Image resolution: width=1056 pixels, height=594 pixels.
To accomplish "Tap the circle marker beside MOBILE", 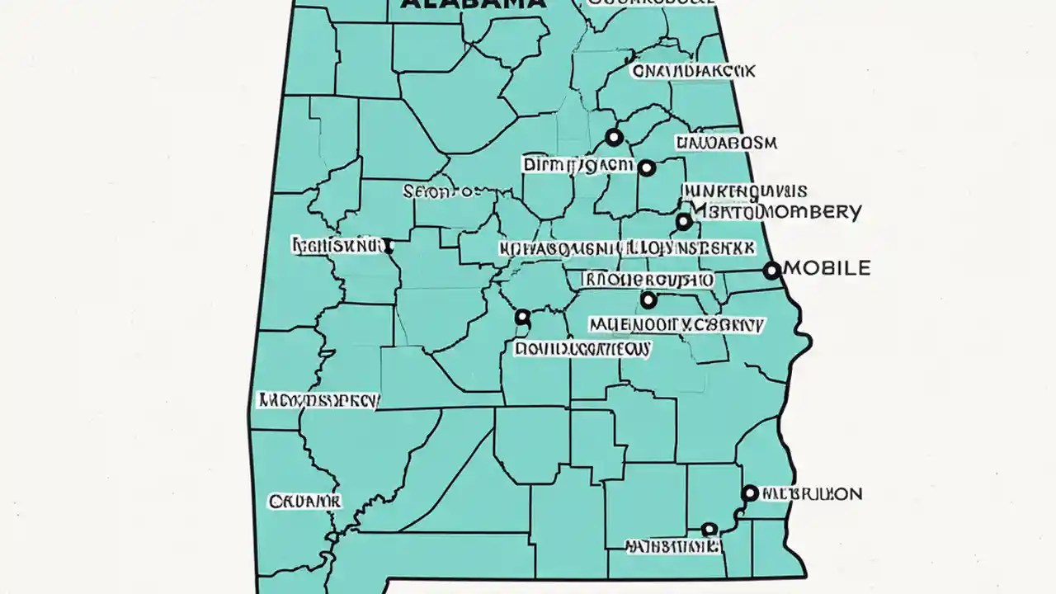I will [x=771, y=270].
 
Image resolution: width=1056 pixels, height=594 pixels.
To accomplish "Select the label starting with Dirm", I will [x=577, y=165].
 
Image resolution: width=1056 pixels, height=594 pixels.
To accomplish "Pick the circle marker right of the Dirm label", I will [x=647, y=167].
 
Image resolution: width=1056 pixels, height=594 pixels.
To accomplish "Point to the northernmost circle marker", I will [x=613, y=136].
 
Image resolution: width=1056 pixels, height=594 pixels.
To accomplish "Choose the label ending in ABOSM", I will [x=726, y=143].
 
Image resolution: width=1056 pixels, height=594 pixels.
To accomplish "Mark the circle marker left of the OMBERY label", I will [x=683, y=221].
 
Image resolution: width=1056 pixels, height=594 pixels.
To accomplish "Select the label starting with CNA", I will [x=693, y=72].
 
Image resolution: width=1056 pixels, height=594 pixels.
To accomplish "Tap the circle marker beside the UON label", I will [x=749, y=493].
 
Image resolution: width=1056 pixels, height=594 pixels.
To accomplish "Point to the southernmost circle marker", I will [x=708, y=529].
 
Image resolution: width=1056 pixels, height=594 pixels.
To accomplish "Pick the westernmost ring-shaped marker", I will [x=521, y=317].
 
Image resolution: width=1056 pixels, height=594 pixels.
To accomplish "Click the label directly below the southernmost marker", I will [x=672, y=546].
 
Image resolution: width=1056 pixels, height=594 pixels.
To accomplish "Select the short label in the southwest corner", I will [x=304, y=501].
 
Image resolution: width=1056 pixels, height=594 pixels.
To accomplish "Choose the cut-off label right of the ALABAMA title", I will [x=652, y=3].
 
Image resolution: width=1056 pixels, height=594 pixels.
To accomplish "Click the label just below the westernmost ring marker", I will [x=582, y=349].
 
